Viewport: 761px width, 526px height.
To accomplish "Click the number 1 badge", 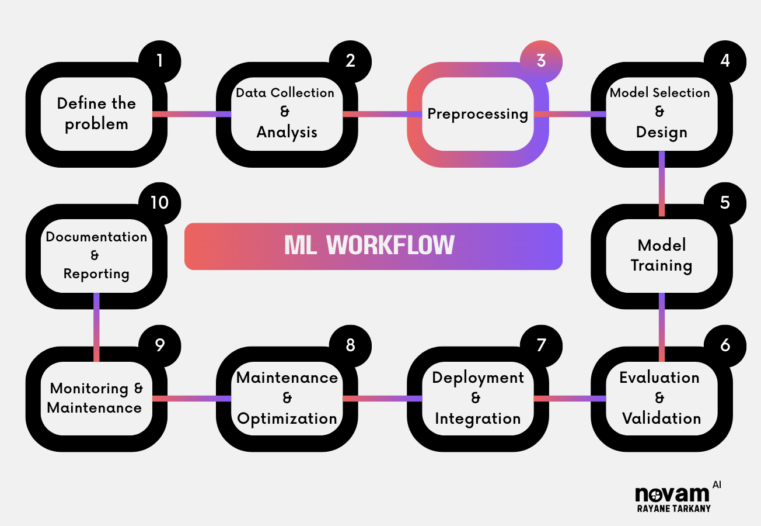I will click(159, 61).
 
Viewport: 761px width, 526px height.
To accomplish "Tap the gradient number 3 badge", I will click(541, 61).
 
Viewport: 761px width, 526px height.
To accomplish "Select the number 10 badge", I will click(159, 202).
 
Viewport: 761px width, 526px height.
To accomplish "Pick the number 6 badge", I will click(725, 345).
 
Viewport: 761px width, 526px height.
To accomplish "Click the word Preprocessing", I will click(477, 113).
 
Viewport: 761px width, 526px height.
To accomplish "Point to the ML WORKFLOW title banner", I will click(373, 246).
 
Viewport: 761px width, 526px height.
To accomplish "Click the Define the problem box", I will click(96, 114).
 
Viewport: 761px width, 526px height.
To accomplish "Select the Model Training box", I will click(661, 255).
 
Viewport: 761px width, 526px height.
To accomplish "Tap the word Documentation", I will click(96, 237).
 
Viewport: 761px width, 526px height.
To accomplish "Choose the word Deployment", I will click(478, 378).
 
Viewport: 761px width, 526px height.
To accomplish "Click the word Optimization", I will click(287, 418).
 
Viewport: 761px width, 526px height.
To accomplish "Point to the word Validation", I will click(661, 418).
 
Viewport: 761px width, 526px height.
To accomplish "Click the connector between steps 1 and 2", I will click(191, 114).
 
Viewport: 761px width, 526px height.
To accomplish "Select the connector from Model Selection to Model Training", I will click(662, 184).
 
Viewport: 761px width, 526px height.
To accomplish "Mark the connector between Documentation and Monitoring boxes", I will click(96, 327).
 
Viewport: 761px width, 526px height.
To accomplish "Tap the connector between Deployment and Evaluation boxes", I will click(570, 399).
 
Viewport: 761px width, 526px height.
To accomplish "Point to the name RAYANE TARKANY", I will click(673, 508).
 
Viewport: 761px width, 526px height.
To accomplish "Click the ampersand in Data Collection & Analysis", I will click(285, 112).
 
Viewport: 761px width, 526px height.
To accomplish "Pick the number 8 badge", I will click(350, 345).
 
